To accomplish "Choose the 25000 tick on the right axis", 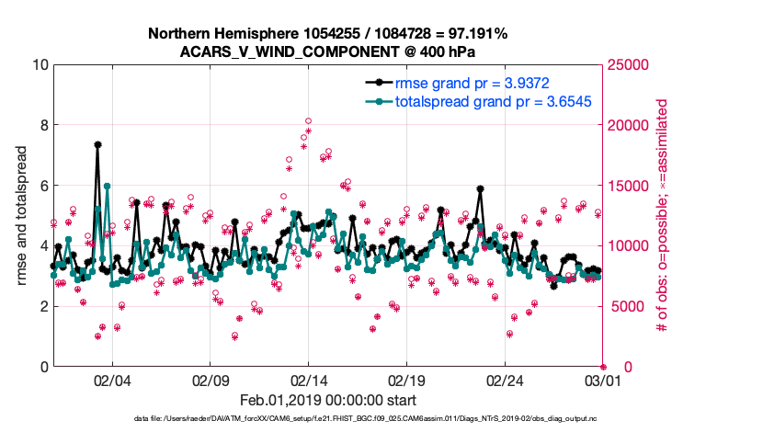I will (x=631, y=65).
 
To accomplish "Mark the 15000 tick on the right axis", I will (x=631, y=186).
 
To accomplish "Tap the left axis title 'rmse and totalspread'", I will (x=22, y=216).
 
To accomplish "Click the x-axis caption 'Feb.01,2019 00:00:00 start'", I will (x=327, y=400).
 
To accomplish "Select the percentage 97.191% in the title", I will (x=474, y=34).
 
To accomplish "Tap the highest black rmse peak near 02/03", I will (x=97, y=144).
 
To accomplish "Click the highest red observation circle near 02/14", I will (x=308, y=120).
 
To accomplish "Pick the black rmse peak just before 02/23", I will (x=480, y=188).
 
